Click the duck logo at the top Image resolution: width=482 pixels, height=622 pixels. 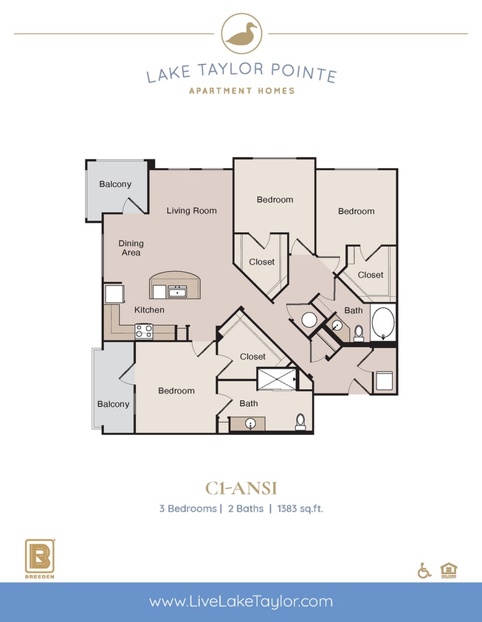[x=241, y=34]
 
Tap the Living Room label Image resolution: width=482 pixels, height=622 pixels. [x=191, y=211]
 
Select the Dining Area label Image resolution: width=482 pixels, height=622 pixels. [x=131, y=248]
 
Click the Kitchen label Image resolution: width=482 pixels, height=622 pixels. [x=149, y=310]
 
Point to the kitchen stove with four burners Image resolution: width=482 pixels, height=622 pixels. [x=143, y=331]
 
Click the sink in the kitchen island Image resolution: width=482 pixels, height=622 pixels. [x=177, y=292]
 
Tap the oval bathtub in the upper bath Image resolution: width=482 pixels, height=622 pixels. [x=382, y=323]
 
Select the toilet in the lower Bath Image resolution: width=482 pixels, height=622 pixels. [x=300, y=422]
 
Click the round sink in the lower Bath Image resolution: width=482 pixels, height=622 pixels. [x=252, y=424]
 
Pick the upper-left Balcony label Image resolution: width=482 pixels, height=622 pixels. [x=115, y=184]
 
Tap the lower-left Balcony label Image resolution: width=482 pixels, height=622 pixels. [x=113, y=404]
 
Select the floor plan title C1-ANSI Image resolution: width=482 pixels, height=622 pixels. [x=241, y=487]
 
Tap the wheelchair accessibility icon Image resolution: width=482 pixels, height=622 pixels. [x=424, y=570]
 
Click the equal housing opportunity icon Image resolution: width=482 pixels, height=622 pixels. [x=447, y=570]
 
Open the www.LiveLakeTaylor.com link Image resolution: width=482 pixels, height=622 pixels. [x=241, y=601]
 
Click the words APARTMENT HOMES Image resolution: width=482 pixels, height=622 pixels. [x=241, y=91]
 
